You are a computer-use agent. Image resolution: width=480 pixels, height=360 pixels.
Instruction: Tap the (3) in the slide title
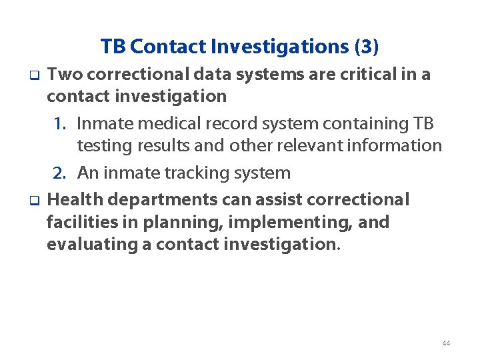click(367, 47)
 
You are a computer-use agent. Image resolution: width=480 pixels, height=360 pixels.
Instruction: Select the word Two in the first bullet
click(64, 75)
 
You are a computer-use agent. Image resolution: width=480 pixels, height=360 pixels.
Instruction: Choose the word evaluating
click(91, 244)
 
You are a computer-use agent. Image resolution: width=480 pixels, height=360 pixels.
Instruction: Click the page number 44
click(446, 343)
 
